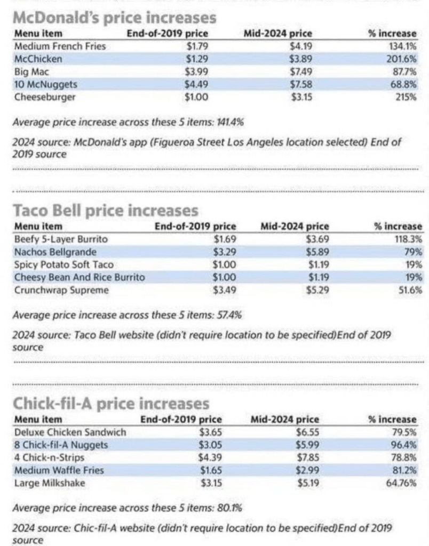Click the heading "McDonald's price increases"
click(x=114, y=18)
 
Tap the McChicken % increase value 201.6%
click(x=401, y=59)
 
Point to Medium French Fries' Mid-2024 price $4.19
click(x=301, y=46)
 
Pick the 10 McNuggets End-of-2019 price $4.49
click(x=197, y=85)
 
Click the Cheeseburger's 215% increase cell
click(x=406, y=98)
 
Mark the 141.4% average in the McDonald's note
click(x=231, y=122)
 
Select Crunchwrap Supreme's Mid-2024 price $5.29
click(x=319, y=290)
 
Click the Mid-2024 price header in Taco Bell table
click(x=295, y=227)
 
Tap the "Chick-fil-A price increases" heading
click(x=111, y=403)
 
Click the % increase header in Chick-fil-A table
click(x=392, y=420)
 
